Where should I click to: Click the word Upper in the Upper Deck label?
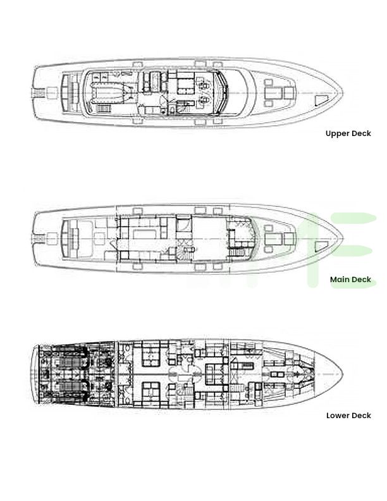(x=336, y=133)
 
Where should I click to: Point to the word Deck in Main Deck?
(x=361, y=280)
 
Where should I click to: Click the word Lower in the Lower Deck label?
(x=337, y=416)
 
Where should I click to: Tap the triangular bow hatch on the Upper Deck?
(x=321, y=101)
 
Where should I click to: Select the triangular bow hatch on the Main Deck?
(x=321, y=247)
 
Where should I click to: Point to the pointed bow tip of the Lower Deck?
(x=343, y=374)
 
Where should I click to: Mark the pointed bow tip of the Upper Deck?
(x=343, y=93)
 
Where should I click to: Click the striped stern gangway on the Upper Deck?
(x=39, y=93)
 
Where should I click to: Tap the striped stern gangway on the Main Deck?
(x=39, y=239)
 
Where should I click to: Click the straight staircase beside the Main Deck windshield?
(x=236, y=253)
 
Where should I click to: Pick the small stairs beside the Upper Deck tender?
(x=103, y=109)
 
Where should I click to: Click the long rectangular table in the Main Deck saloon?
(x=144, y=233)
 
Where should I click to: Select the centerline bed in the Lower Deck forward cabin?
(x=277, y=374)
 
